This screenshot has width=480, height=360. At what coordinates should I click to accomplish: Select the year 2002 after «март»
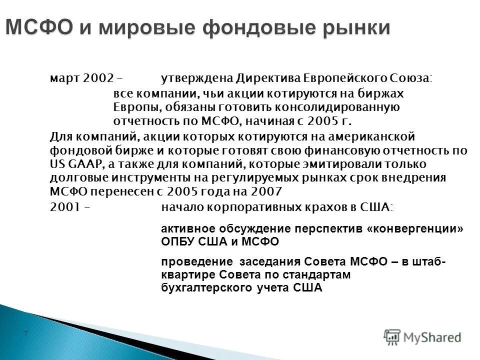coord(98,78)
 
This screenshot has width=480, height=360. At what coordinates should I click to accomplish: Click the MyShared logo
coord(422,337)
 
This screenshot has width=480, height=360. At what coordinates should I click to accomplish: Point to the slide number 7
coord(25,333)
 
